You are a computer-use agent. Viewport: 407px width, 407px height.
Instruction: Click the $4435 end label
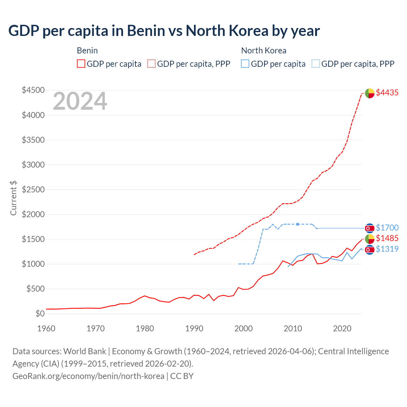click(387, 93)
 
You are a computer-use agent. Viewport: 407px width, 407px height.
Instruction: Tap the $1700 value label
click(387, 228)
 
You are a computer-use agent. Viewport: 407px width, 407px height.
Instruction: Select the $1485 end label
click(387, 238)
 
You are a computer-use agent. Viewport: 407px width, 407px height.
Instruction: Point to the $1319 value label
click(387, 249)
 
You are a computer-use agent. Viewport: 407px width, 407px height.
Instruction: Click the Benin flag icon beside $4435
click(369, 93)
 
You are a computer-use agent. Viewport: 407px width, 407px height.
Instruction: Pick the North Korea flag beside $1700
click(369, 228)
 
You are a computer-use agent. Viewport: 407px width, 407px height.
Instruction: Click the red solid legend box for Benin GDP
click(81, 64)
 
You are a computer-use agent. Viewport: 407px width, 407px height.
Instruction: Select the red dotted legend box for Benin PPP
click(152, 64)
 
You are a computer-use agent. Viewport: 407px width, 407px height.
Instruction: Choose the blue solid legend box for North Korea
click(245, 64)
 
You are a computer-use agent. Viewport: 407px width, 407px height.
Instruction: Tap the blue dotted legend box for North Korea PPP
click(316, 64)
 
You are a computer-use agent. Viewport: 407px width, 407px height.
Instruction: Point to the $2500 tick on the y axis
click(33, 190)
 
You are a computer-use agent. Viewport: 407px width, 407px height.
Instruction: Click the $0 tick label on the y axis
click(40, 314)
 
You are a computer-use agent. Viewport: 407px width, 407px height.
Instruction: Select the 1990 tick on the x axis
click(194, 328)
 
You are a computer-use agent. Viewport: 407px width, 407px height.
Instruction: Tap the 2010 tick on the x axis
click(293, 328)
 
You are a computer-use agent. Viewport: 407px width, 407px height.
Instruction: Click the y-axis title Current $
click(13, 198)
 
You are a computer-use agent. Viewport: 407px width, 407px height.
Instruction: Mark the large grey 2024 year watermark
click(80, 101)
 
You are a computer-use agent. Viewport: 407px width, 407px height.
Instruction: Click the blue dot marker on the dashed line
click(298, 224)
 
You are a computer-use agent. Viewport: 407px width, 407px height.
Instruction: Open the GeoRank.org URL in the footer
click(88, 376)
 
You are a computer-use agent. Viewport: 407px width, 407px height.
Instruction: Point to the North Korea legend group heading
click(264, 51)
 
